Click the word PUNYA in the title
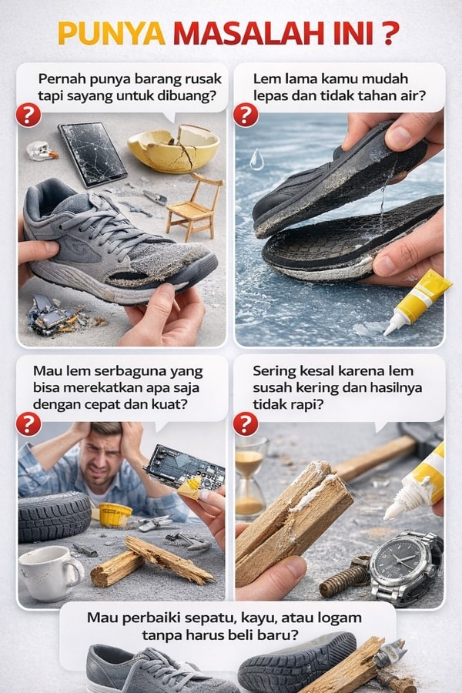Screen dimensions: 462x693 click(x=112, y=34)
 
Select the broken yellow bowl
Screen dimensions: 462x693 click(x=174, y=148)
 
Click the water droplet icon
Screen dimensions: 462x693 click(x=256, y=159)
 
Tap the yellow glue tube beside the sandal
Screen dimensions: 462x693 click(x=417, y=301)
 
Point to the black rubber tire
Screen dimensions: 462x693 click(x=54, y=517)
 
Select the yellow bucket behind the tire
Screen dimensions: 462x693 click(x=115, y=514)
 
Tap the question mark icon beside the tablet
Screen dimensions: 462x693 click(x=28, y=115)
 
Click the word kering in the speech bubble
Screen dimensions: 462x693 click(x=318, y=387)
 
